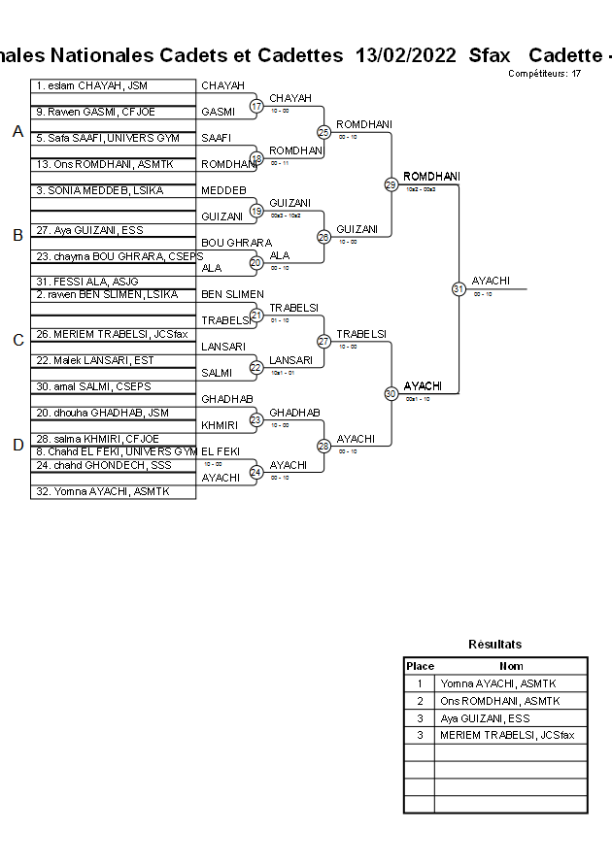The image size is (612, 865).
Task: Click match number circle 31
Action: coord(459,288)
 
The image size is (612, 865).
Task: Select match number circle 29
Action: coord(391,183)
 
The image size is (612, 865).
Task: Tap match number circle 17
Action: coord(256,105)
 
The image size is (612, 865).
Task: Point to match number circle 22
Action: coord(256,367)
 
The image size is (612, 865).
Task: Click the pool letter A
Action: coord(17,132)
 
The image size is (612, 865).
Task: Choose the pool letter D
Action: coord(17,446)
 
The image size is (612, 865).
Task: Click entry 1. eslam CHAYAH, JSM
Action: coord(91,85)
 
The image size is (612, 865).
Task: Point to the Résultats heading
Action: coord(495,644)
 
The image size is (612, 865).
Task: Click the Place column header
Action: coord(420,666)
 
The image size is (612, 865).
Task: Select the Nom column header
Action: coord(511,666)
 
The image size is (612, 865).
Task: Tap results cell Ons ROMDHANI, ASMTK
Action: coord(500,701)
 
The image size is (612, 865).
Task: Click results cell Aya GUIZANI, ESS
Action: coord(486,718)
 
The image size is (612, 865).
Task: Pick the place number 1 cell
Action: coord(420,683)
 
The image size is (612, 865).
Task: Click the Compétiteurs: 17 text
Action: coord(544,74)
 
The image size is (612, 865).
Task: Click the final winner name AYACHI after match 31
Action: coord(491,281)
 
